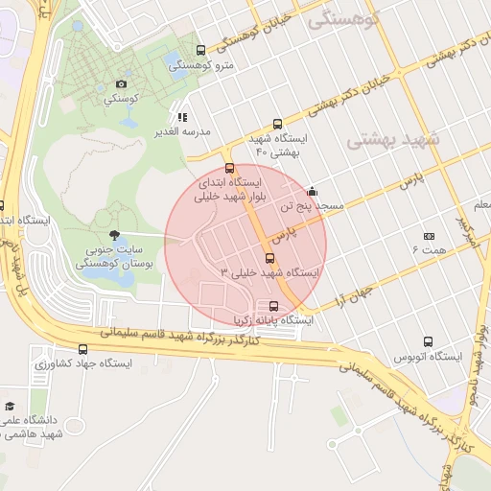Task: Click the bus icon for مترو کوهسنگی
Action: pyautogui.click(x=200, y=51)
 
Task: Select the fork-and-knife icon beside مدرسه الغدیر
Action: pyautogui.click(x=183, y=117)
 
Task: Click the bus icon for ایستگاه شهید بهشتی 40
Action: pyautogui.click(x=277, y=124)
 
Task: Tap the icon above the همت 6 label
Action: pyautogui.click(x=429, y=236)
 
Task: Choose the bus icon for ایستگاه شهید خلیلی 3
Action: pyautogui.click(x=269, y=257)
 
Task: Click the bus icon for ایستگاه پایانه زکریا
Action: pyautogui.click(x=274, y=306)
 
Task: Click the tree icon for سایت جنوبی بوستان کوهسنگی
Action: pyautogui.click(x=115, y=235)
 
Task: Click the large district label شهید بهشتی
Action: pyautogui.click(x=391, y=140)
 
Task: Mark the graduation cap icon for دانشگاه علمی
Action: pyautogui.click(x=10, y=406)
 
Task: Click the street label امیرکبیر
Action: pyautogui.click(x=466, y=229)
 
